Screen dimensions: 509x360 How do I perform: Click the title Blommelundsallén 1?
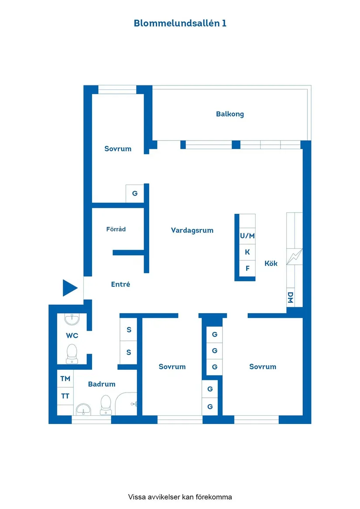click(x=180, y=23)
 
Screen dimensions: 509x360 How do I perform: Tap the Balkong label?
click(x=230, y=114)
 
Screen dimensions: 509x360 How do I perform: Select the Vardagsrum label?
click(x=192, y=230)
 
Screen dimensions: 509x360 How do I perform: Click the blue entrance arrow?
click(x=69, y=288)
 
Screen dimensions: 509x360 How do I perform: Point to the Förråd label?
click(x=116, y=229)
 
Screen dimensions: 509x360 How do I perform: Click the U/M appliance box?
click(x=247, y=236)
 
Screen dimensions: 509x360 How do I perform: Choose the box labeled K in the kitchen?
click(x=247, y=252)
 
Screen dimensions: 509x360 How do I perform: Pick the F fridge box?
click(x=247, y=268)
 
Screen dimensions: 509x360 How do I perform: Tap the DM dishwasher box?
click(x=290, y=298)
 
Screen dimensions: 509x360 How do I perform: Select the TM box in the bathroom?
click(x=65, y=379)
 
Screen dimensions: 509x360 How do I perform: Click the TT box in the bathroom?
click(x=65, y=396)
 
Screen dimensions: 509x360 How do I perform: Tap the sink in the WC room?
click(x=72, y=320)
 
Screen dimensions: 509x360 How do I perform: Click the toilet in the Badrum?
click(x=106, y=405)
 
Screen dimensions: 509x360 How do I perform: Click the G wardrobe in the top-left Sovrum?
click(x=135, y=193)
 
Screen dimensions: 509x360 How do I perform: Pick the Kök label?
click(x=271, y=263)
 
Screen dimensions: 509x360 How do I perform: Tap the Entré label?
click(x=120, y=284)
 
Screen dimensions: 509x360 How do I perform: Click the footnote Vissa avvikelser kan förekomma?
click(x=180, y=497)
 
